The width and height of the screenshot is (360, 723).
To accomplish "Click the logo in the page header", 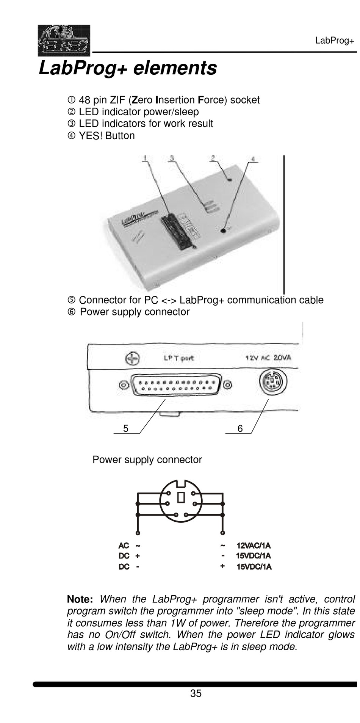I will pos(64,40).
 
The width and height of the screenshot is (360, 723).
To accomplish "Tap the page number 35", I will pos(196,693).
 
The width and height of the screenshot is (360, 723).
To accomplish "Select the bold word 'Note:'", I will pos(80,599).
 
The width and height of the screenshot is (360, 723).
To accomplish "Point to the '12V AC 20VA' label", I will pos(268,358).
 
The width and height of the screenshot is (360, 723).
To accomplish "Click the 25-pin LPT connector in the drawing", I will pos(176,385).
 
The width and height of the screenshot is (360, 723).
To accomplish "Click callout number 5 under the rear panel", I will pos(126,428).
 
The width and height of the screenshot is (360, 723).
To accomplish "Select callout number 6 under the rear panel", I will pos(240,428).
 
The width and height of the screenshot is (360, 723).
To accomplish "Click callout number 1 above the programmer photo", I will pos(145,158).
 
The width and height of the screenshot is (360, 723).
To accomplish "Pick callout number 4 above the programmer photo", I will pos(253,159).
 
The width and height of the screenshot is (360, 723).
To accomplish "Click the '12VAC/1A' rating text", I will pos(254,546).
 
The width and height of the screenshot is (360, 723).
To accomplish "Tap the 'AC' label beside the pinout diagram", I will pos(124,546).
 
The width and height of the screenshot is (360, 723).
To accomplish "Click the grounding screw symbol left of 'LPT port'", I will pos(132,359).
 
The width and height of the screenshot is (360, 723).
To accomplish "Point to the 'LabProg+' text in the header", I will pos(335,41).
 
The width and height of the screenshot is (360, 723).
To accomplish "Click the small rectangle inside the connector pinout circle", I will pos(181,497).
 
